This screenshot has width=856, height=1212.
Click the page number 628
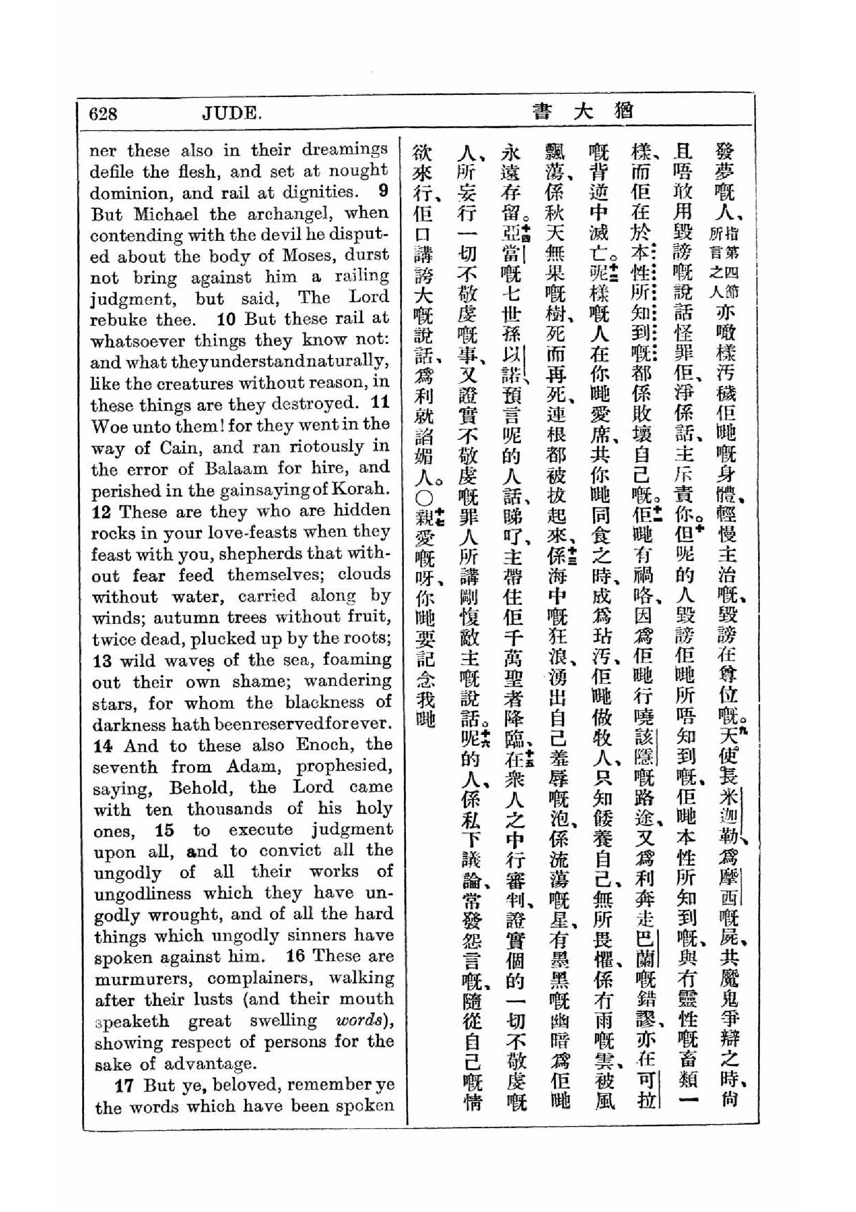104,113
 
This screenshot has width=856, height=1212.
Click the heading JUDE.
232,113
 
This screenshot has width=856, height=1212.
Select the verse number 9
383,191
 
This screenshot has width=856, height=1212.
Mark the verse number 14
104,746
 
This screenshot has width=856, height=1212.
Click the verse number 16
295,956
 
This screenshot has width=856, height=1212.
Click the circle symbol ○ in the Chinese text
425,498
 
